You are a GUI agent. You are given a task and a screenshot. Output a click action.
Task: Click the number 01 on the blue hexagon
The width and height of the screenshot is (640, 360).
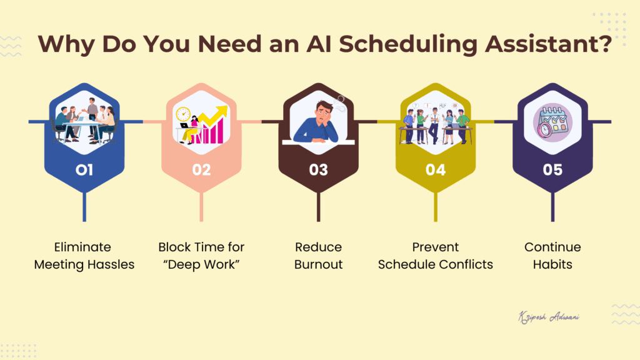point(84,169)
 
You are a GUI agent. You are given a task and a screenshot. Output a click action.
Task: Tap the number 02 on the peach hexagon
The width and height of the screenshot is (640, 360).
point(201,169)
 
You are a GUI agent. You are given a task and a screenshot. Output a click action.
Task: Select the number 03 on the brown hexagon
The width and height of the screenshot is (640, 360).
point(319,169)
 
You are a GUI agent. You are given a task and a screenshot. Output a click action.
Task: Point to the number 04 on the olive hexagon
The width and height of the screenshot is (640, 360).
point(436,169)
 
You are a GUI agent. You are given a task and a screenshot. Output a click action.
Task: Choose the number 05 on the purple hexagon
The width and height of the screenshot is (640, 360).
point(552,169)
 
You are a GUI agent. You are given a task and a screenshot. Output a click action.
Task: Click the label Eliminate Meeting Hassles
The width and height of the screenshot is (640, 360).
point(84,256)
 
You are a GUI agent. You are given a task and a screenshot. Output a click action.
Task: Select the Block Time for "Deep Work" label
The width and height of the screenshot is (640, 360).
point(201,256)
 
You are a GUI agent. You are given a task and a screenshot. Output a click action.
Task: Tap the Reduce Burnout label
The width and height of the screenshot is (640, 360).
point(319,256)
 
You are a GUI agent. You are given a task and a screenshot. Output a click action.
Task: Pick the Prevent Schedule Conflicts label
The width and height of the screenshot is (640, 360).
point(436,256)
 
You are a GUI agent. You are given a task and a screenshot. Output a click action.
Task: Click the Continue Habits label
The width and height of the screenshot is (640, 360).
point(552,256)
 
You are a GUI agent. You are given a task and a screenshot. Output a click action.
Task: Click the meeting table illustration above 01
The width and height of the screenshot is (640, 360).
point(84,122)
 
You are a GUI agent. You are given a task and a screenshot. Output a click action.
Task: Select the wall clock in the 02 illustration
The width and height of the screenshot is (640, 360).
point(183,114)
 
